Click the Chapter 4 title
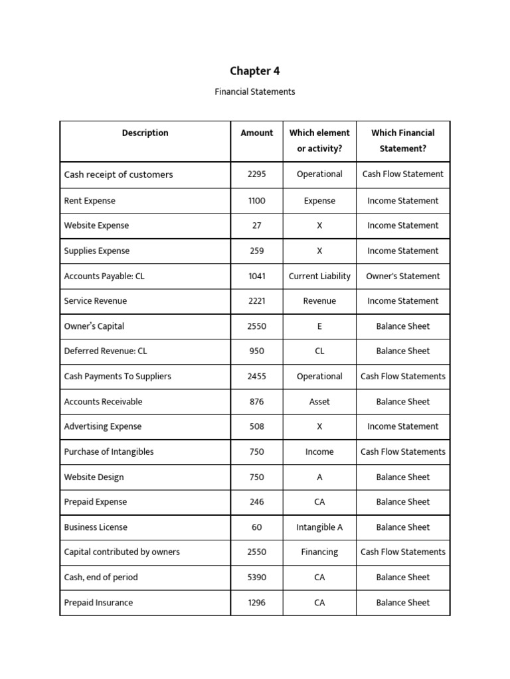(255, 71)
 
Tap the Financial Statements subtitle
(255, 92)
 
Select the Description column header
(145, 133)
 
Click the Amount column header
(257, 133)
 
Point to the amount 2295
(257, 174)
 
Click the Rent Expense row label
(90, 201)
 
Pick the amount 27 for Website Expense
(257, 225)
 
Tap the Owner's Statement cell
(403, 276)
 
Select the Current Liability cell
(319, 276)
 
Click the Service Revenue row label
(95, 301)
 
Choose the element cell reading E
(319, 326)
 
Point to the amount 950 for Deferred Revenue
(257, 351)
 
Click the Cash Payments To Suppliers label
(118, 377)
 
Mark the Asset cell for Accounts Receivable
(319, 402)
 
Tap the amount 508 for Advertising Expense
(257, 427)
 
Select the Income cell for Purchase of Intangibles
(319, 452)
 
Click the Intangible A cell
(319, 528)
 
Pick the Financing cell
(319, 552)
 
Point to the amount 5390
(257, 578)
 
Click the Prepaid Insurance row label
(98, 603)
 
